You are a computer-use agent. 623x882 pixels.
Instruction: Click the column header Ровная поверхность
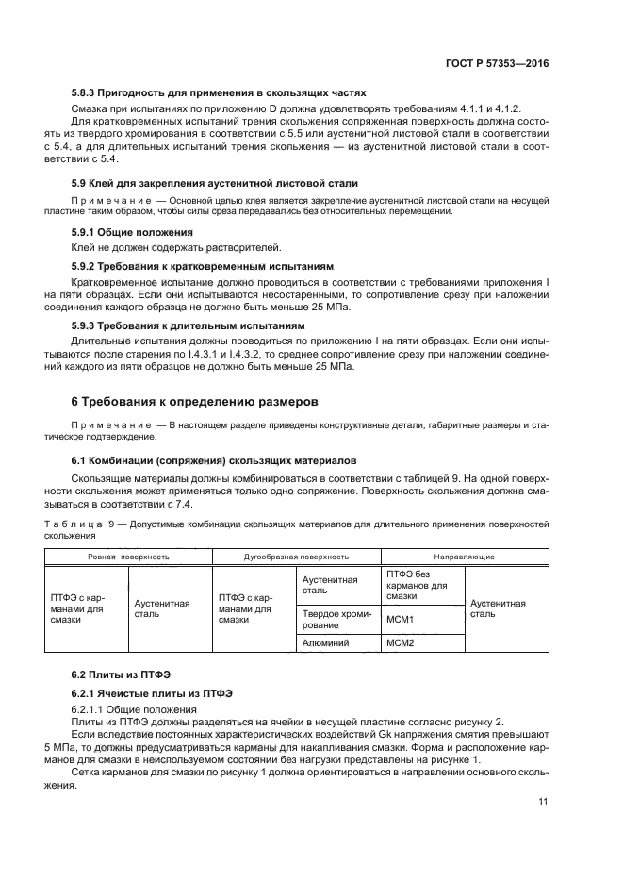click(129, 557)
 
